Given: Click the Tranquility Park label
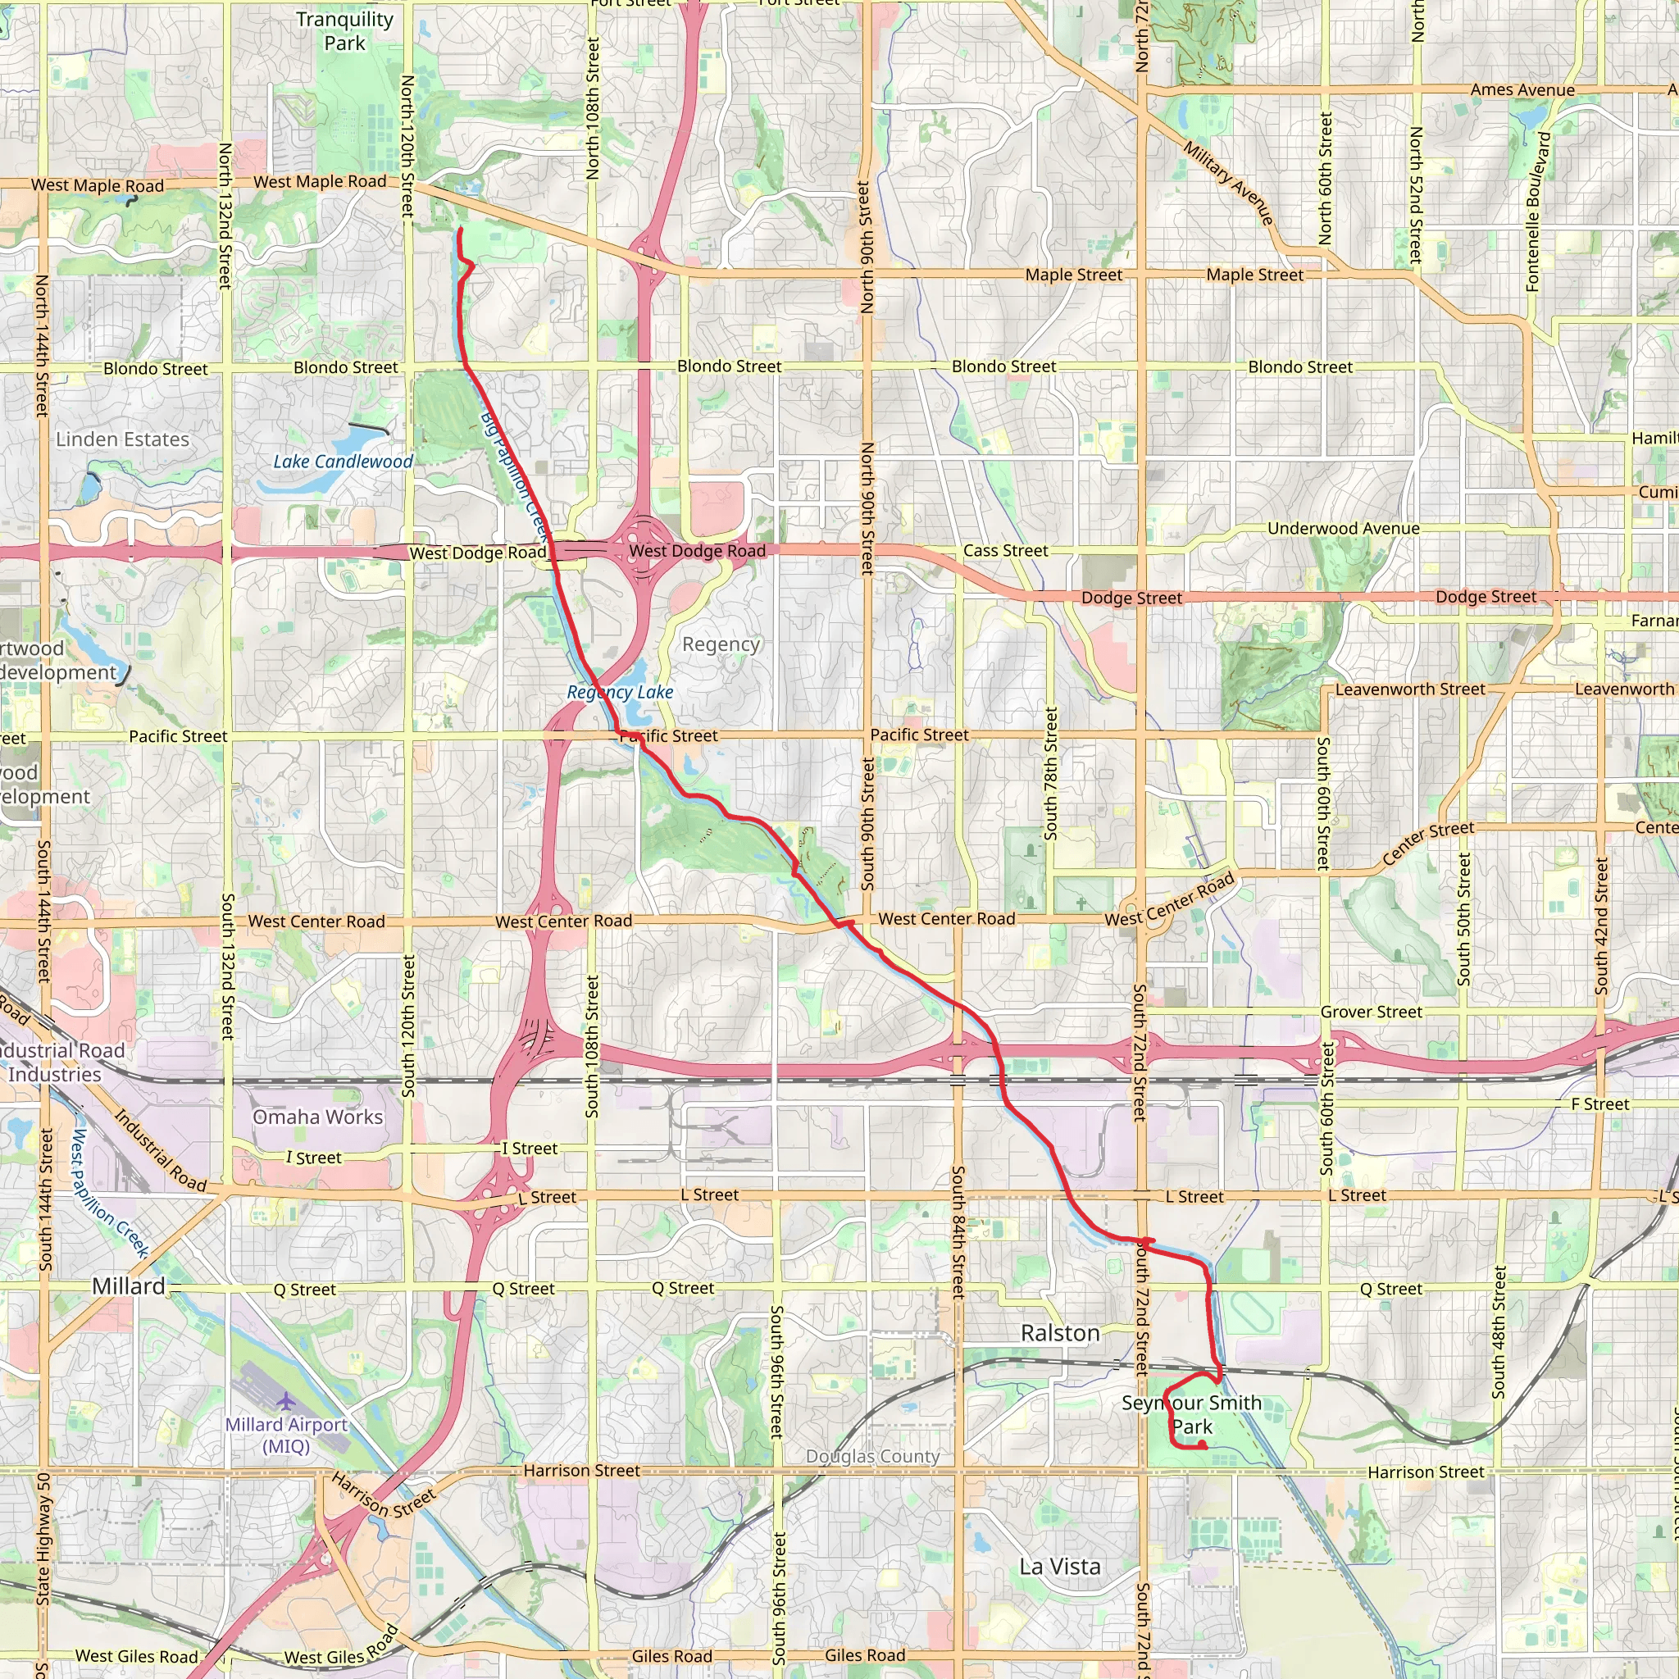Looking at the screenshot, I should coord(344,31).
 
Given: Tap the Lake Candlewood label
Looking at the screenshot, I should coord(344,462).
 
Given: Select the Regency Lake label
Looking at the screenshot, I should coord(620,692).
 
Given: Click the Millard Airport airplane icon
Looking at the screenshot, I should coord(285,1400).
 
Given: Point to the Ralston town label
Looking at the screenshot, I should coord(1059,1333).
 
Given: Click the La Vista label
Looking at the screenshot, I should coord(1059,1567).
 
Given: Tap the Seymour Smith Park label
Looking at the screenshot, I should coord(1190,1414).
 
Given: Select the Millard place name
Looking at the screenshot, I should coord(129,1286).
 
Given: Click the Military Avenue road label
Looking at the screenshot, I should coord(1228,184).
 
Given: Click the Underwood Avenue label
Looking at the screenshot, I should coord(1343,529).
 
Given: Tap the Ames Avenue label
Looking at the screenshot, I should coord(1522,89).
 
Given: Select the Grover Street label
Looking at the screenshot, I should coord(1371,1012).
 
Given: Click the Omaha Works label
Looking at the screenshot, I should coord(317,1117).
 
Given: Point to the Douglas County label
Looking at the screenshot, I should coord(872,1457).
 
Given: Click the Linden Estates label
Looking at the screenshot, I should coord(122,439).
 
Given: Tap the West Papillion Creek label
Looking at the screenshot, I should coord(110,1191).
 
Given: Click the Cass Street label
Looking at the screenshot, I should coord(1004,551).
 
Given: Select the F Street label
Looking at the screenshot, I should coord(1600,1103).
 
